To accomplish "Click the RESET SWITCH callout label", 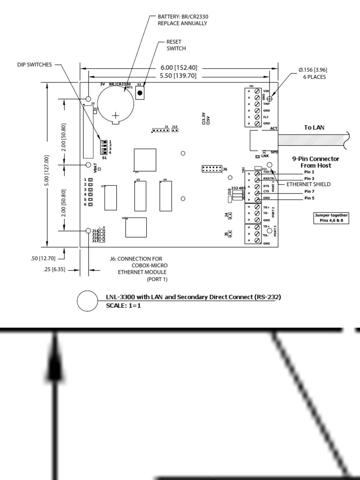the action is click(176, 45).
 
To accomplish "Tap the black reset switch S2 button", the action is click(139, 93).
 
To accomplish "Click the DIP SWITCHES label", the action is click(32, 65).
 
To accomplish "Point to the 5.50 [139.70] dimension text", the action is click(178, 75).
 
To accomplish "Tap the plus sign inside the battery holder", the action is click(115, 114).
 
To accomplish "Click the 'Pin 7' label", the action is click(309, 191).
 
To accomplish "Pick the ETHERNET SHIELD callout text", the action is click(308, 185).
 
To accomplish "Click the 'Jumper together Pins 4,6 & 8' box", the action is click(331, 217).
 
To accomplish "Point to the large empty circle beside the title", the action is click(87, 301).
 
